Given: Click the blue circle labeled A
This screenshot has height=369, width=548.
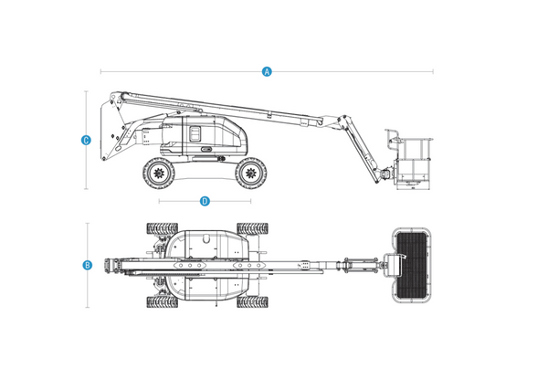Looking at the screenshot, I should pos(267,71).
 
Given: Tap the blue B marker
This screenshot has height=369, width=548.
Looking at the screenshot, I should pos(88,266).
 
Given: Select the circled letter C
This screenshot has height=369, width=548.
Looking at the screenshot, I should pos(86,140).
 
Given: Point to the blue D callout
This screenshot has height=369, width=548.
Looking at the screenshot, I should pos(205,200).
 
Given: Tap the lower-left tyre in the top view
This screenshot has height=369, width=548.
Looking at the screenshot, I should pos(162,300).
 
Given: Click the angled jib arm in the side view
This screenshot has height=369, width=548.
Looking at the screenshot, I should pos(359,146).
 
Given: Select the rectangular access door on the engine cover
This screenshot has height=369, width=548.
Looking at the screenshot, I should pos(195,132).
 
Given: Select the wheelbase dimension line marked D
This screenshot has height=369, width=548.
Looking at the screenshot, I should pos(228,200).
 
